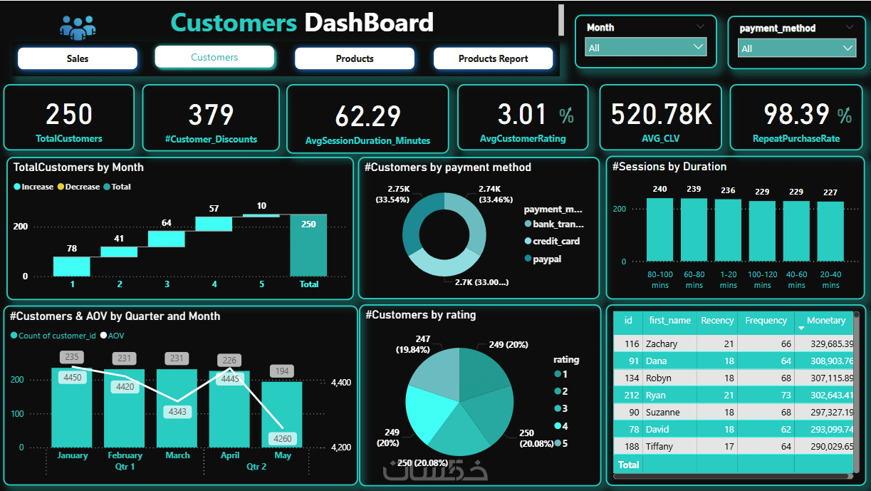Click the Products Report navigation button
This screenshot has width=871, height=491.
click(x=493, y=58)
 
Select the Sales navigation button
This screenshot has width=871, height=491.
click(x=77, y=58)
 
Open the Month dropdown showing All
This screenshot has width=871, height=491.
click(x=645, y=48)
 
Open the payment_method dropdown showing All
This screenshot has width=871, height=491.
click(x=797, y=48)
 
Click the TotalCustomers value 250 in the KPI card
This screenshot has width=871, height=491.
click(x=69, y=114)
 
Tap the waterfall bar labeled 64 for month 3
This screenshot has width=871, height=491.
click(x=166, y=239)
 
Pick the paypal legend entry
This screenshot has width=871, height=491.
click(x=546, y=259)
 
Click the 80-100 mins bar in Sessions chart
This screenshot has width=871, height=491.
click(x=659, y=229)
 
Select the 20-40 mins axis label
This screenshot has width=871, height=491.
click(x=830, y=280)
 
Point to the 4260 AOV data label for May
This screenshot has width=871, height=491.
click(x=282, y=439)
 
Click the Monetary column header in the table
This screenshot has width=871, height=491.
click(x=825, y=321)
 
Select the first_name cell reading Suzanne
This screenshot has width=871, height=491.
click(x=662, y=413)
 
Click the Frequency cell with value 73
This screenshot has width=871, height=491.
click(x=766, y=396)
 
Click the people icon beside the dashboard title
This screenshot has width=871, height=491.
click(x=78, y=28)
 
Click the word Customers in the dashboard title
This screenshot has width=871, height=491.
click(x=234, y=23)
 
